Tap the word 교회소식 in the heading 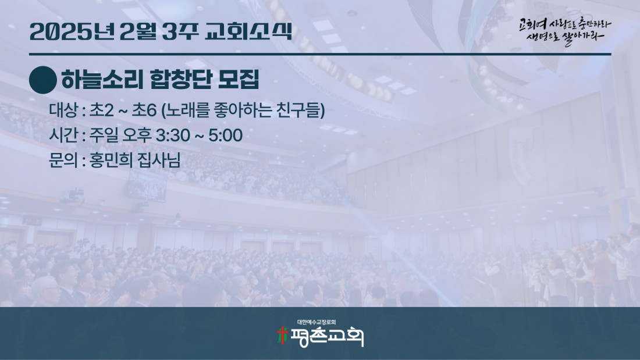tap(249, 31)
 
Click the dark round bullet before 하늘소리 tap(43, 80)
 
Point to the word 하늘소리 tap(101, 80)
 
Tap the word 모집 tap(239, 80)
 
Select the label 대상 tap(63, 110)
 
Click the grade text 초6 tap(144, 110)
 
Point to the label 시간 tap(63, 135)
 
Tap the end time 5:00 tap(226, 136)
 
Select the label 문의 tap(63, 160)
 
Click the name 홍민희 tap(111, 160)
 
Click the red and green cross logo tap(282, 336)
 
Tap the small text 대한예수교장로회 tap(317, 322)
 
